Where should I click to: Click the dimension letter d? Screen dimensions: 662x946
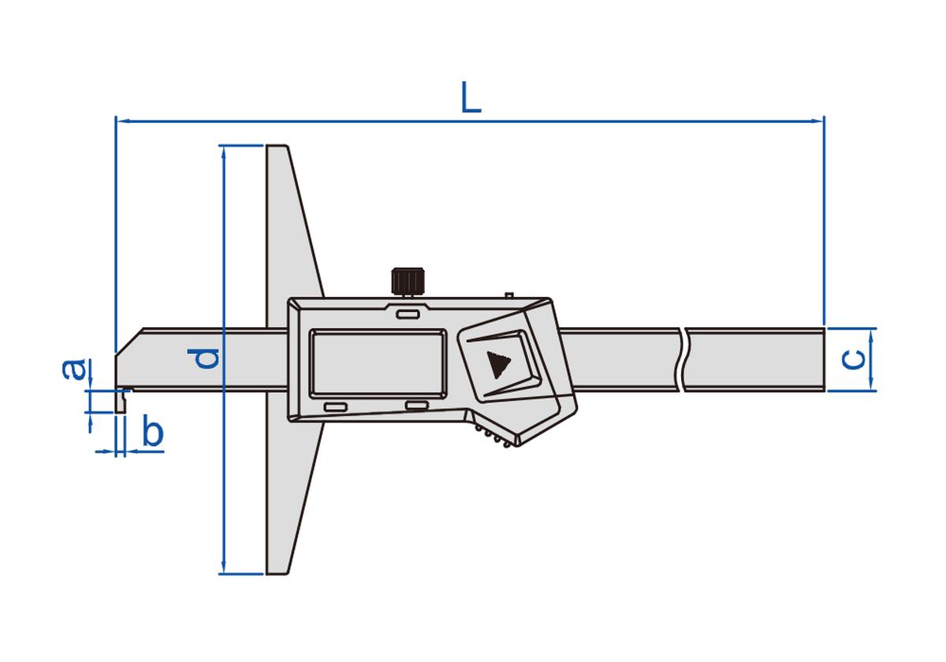click(207, 359)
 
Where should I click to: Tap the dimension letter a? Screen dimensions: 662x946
click(73, 368)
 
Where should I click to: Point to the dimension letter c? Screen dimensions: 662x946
click(853, 359)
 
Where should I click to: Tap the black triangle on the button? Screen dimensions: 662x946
click(497, 365)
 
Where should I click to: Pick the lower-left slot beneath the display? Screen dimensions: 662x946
click(335, 407)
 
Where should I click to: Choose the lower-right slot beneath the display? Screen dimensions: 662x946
click(415, 405)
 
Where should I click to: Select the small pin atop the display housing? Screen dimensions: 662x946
click(509, 295)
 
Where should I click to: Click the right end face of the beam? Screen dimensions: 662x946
click(824, 359)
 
